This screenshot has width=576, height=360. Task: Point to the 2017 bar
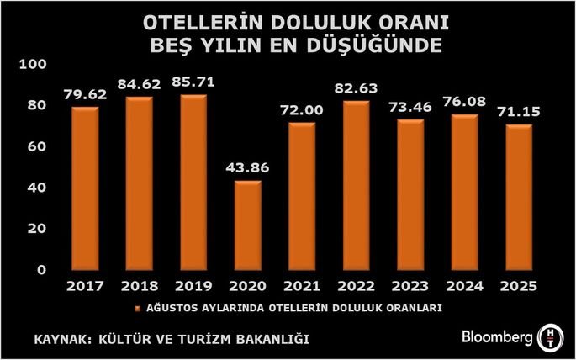click(84, 188)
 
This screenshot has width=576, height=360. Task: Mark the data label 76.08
click(465, 102)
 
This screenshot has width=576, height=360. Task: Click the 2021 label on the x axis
click(301, 288)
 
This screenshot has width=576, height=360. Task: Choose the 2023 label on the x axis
click(410, 288)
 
